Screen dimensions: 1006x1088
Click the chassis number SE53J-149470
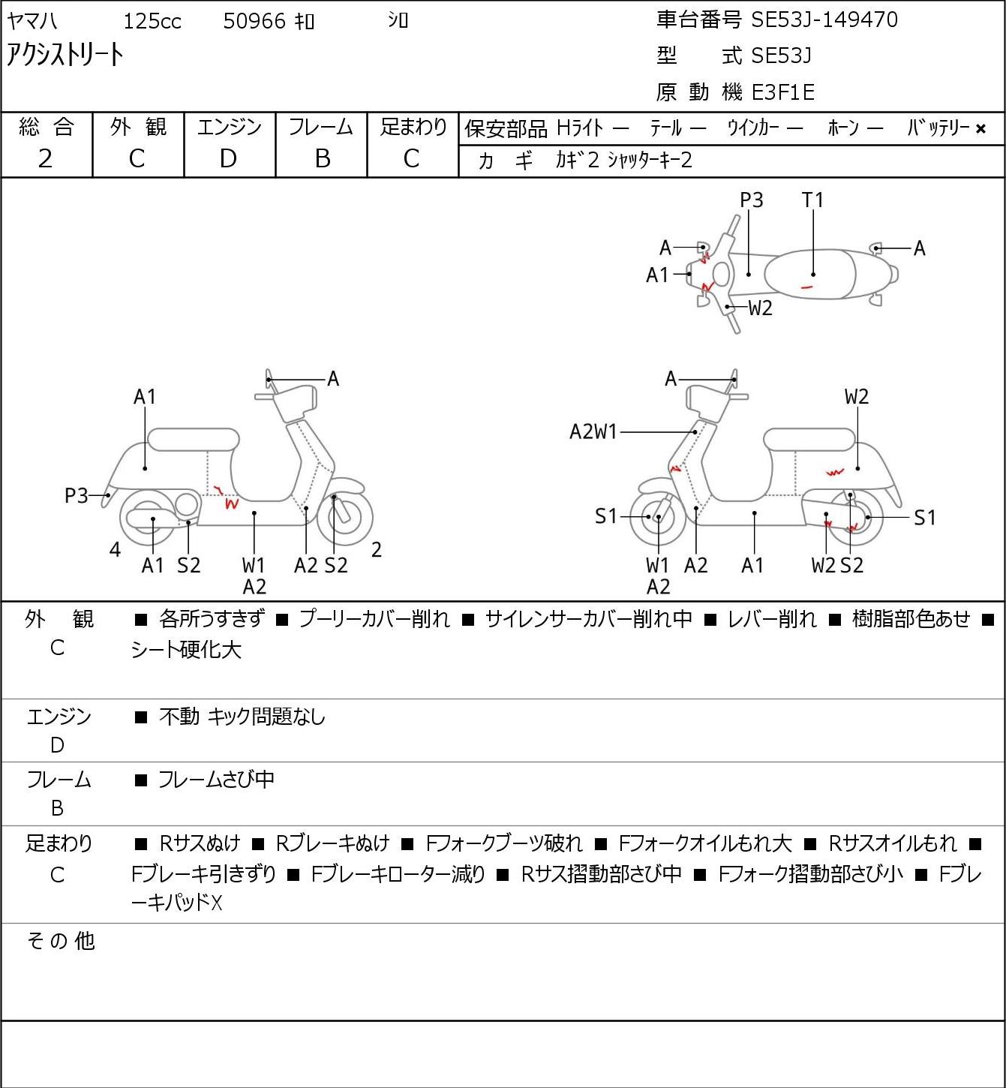[824, 20]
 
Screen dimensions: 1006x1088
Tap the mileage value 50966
[254, 21]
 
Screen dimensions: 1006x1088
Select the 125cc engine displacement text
[152, 21]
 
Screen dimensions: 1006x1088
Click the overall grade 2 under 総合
[46, 159]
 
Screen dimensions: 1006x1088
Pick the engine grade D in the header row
[229, 159]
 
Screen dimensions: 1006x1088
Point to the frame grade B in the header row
[322, 159]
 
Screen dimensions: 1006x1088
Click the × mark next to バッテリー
[980, 129]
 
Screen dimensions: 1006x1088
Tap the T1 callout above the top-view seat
[812, 200]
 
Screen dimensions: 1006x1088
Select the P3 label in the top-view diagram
[751, 200]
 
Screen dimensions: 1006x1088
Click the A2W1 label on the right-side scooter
[593, 431]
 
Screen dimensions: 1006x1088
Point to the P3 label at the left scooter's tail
[77, 495]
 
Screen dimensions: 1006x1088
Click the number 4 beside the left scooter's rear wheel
[115, 549]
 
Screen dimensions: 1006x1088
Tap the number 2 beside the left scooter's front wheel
[376, 549]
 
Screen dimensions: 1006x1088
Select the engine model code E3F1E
[783, 92]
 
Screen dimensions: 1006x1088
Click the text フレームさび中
[216, 779]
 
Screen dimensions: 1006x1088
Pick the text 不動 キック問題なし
[242, 716]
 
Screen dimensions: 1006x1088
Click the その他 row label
[61, 941]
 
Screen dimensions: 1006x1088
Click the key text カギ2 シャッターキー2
[623, 161]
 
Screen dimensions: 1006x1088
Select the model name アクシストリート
[65, 55]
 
